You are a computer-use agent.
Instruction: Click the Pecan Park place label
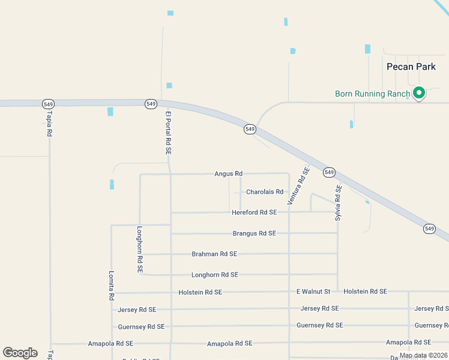tap(411, 67)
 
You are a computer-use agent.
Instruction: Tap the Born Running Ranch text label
tap(372, 94)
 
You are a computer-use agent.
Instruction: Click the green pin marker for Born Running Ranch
tap(420, 93)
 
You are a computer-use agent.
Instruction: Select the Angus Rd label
tap(228, 173)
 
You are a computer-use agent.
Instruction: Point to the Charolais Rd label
tap(265, 192)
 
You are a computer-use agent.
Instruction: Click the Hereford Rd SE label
tap(255, 212)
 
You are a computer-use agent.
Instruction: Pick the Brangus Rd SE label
tap(254, 233)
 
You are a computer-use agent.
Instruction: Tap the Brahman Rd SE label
tap(214, 254)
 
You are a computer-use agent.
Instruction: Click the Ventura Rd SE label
tap(298, 186)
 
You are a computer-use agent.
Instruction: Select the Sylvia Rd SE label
tap(338, 203)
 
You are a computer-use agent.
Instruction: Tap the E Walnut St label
tap(313, 292)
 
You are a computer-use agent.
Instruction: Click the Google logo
tap(20, 353)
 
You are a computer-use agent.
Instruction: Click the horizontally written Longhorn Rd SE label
tap(215, 275)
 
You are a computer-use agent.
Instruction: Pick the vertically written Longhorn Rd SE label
tap(139, 249)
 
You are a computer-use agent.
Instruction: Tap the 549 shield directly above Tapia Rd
tap(49, 104)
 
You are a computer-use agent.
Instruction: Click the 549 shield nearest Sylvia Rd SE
tap(328, 172)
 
